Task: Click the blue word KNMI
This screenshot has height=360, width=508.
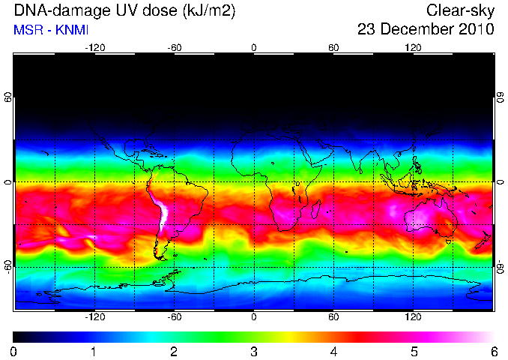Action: (72, 30)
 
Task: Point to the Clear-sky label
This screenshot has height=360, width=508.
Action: (460, 11)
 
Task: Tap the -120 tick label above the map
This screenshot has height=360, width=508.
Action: (95, 48)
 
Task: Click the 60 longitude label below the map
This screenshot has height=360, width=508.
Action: (333, 316)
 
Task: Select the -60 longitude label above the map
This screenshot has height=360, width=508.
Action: (175, 48)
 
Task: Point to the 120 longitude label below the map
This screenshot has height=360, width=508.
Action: (413, 316)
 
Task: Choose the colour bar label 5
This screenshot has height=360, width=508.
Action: (414, 352)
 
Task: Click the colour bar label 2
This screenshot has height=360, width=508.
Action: (174, 352)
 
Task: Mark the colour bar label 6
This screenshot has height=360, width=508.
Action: (494, 352)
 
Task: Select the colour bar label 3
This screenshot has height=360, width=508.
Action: (254, 352)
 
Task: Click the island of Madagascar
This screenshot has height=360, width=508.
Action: (316, 208)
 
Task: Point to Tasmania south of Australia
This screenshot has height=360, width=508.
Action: (448, 241)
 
